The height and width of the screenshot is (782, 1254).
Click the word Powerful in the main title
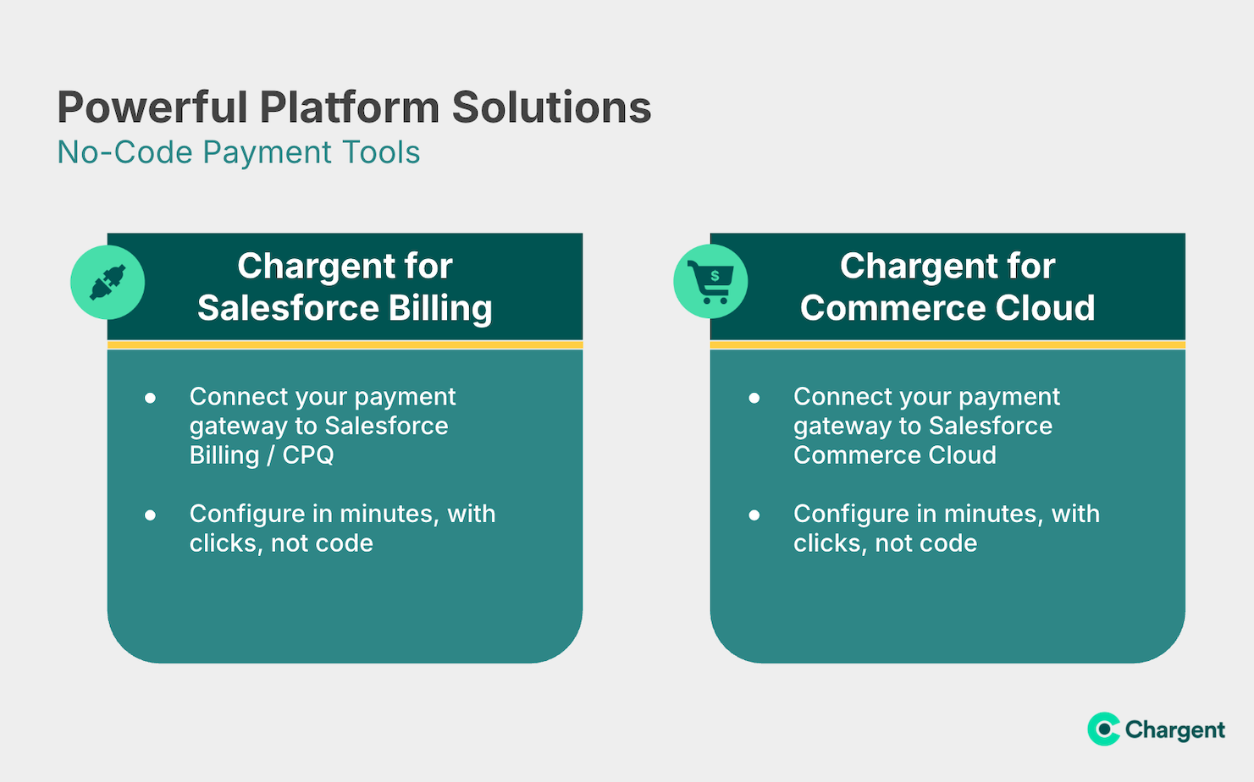[152, 107]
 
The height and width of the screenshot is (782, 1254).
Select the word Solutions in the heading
[551, 107]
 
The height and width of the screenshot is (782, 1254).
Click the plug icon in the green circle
[108, 283]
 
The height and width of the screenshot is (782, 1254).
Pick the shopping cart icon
[710, 282]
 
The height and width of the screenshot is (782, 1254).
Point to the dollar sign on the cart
[715, 276]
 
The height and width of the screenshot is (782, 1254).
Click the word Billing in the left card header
[440, 308]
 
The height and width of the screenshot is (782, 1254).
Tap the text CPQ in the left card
[308, 454]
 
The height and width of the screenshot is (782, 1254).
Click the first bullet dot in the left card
[150, 398]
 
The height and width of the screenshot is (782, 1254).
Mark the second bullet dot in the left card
[150, 515]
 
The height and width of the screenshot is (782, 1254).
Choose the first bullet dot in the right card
[754, 398]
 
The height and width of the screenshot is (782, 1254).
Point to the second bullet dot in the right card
[754, 515]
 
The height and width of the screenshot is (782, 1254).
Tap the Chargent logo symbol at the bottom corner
[1103, 729]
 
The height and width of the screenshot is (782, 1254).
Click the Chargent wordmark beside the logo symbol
[1175, 730]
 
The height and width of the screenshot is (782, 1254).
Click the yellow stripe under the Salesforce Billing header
[345, 344]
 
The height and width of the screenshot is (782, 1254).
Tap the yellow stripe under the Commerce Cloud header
[947, 344]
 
